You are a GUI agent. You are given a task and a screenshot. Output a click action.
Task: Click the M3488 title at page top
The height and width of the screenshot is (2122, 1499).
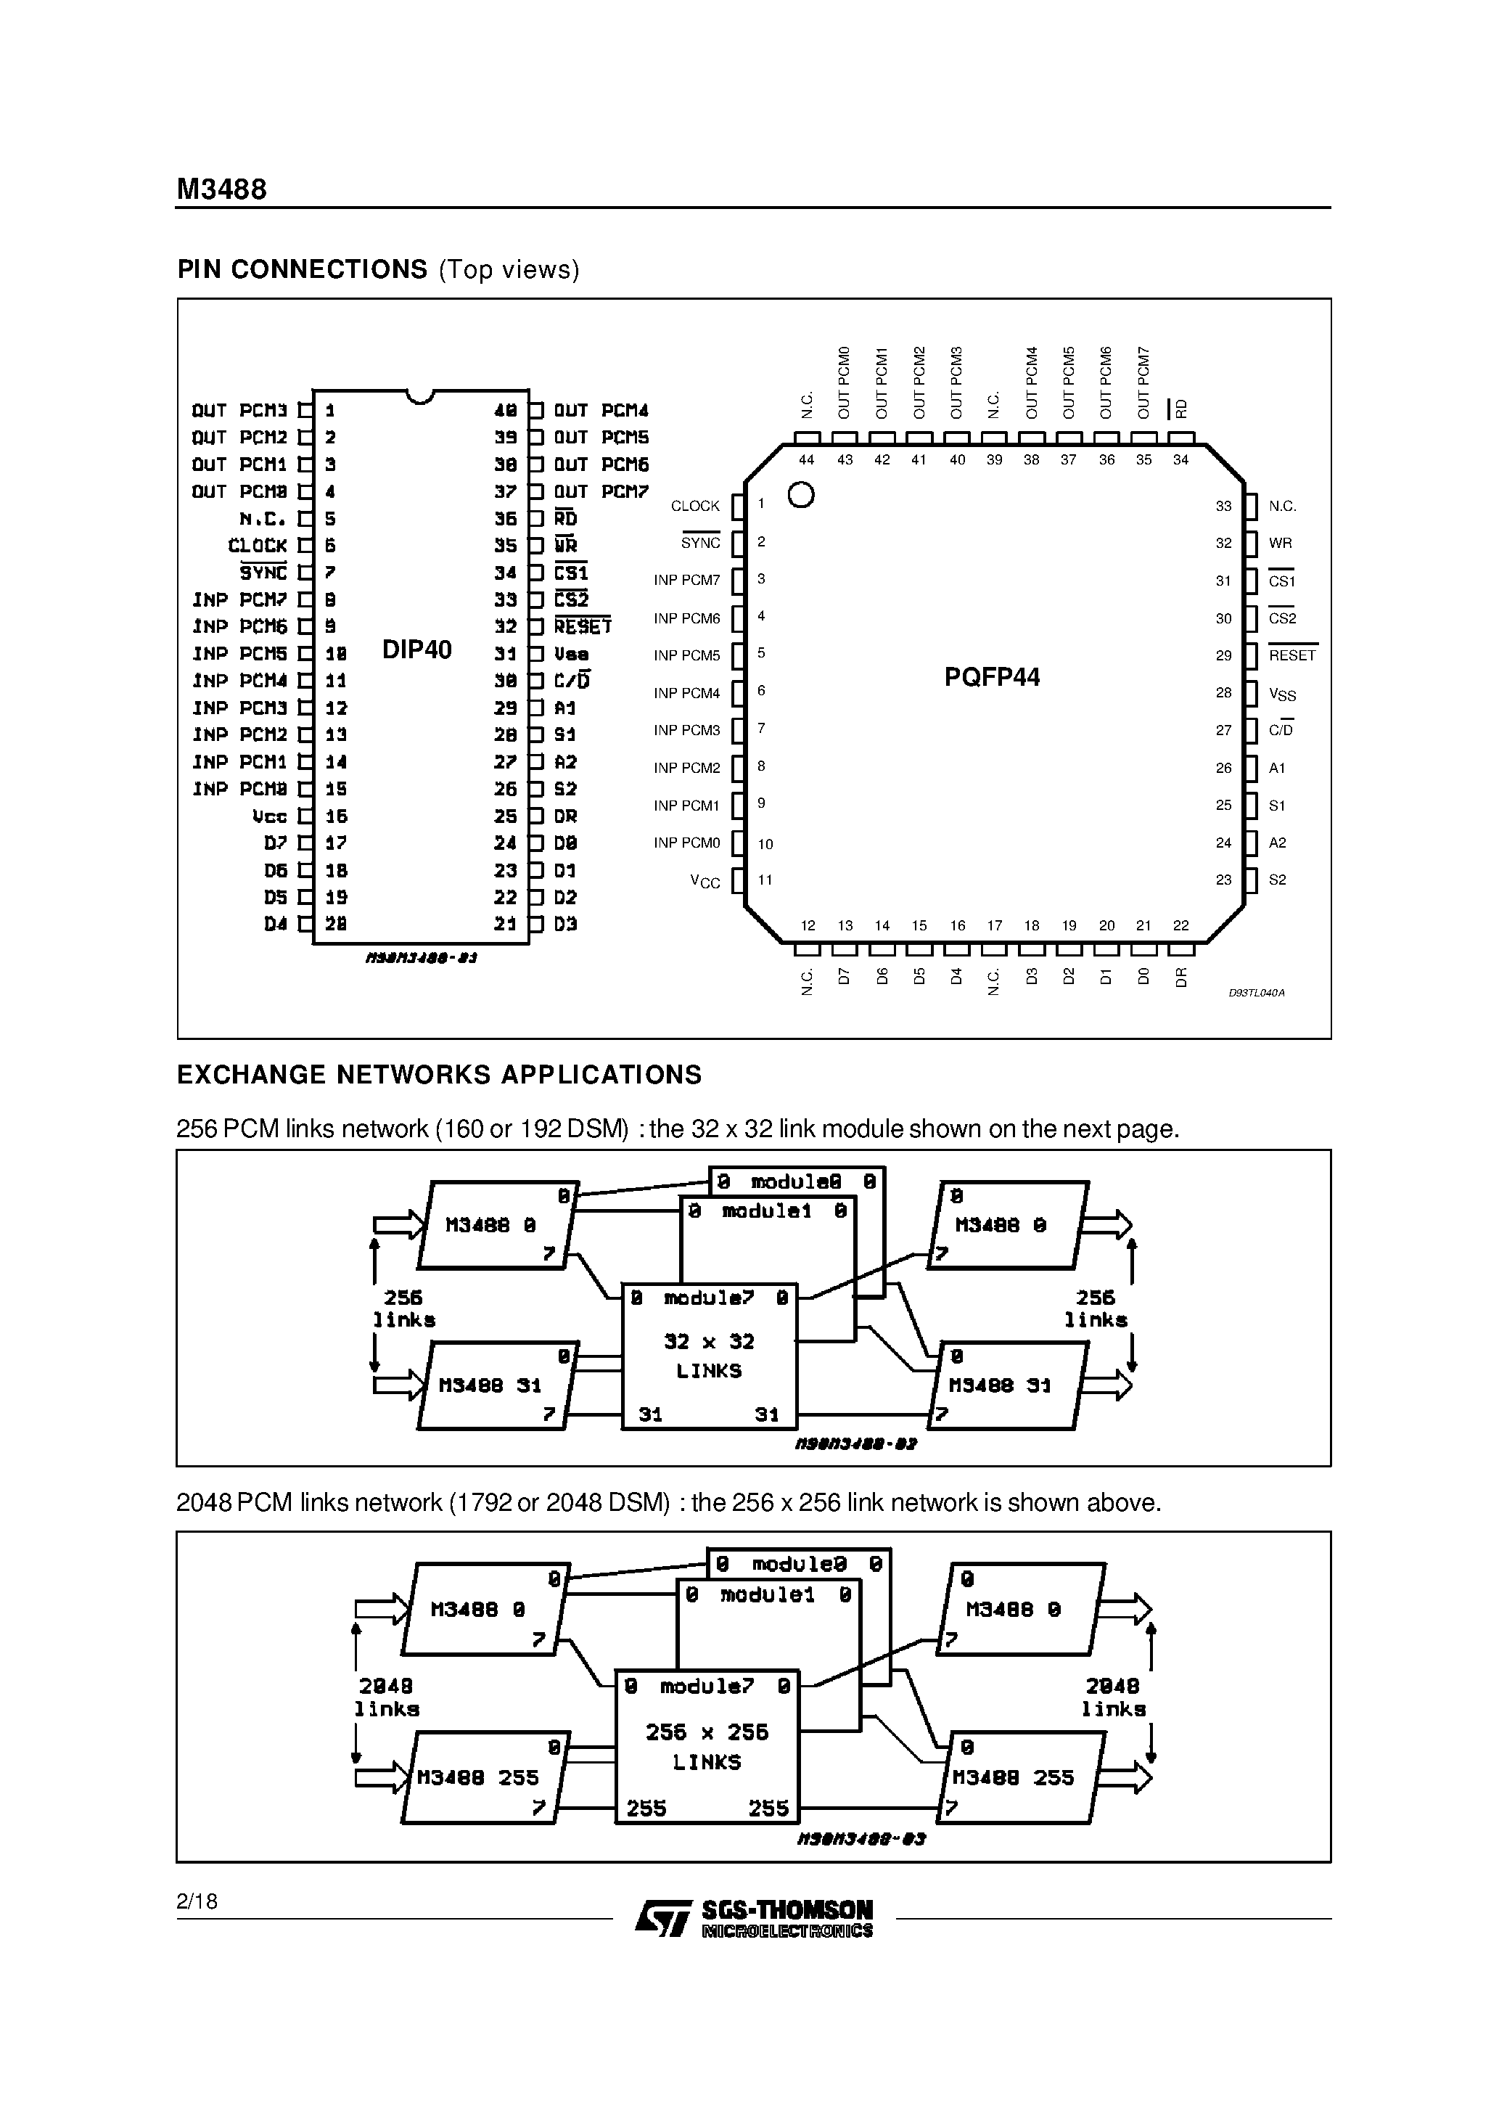(222, 189)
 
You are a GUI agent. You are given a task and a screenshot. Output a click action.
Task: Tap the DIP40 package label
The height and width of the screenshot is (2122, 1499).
(416, 650)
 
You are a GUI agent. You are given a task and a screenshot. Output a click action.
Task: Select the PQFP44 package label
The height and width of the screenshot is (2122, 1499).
(992, 677)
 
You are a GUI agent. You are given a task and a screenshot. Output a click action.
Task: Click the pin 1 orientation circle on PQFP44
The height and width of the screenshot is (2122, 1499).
(801, 496)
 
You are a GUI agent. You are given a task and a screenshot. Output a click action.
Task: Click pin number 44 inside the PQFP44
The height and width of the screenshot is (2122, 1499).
(807, 459)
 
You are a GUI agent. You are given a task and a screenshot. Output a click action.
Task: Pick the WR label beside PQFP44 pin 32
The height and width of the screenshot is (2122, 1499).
(1280, 544)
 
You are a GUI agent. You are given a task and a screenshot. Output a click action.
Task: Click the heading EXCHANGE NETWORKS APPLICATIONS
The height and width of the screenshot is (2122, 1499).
(439, 1075)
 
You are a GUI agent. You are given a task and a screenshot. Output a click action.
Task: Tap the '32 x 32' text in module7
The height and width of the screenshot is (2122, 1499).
(709, 1341)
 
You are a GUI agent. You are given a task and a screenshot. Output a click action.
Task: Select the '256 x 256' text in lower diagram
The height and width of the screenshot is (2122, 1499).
(707, 1732)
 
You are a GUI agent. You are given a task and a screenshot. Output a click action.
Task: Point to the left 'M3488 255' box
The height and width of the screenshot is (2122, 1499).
(478, 1777)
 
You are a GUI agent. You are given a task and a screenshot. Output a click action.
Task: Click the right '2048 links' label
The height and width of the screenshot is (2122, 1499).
(1113, 1697)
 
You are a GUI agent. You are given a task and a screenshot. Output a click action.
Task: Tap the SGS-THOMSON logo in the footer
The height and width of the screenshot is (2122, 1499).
(754, 1919)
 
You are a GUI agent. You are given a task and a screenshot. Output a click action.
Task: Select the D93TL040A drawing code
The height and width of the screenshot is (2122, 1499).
(1256, 993)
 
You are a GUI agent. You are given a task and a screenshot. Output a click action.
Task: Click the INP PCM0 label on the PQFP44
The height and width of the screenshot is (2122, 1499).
(686, 843)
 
